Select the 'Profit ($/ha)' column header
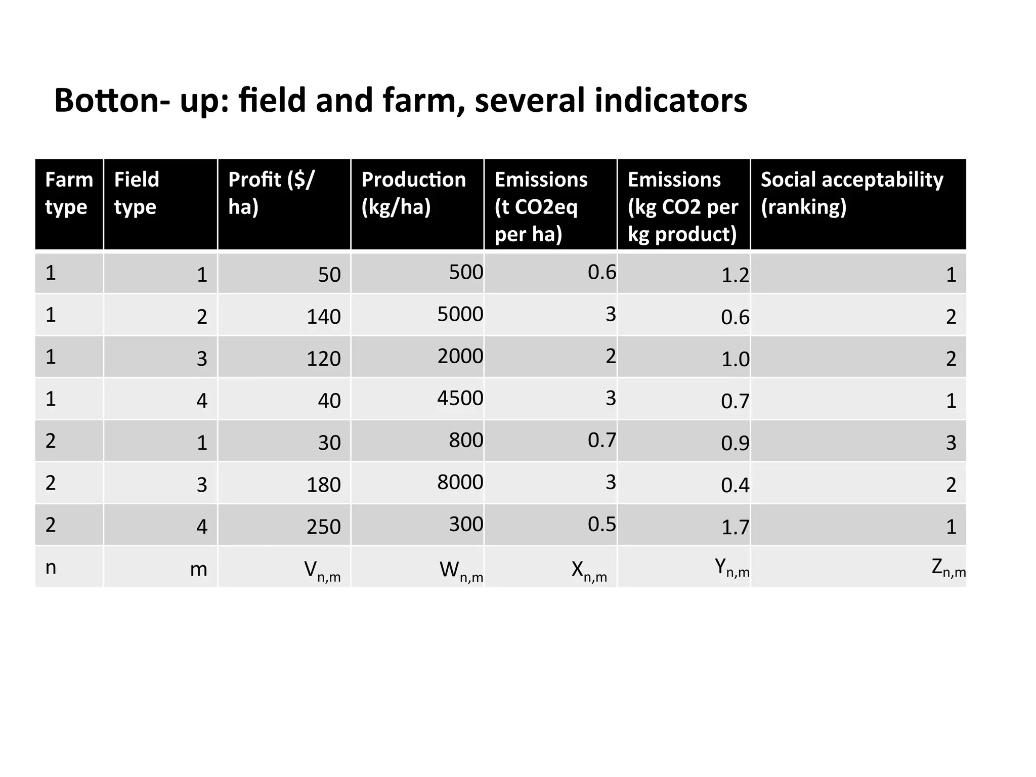pyautogui.click(x=271, y=193)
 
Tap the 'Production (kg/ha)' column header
pyautogui.click(x=413, y=193)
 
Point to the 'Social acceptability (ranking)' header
pyautogui.click(x=852, y=193)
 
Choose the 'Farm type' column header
pyautogui.click(x=69, y=193)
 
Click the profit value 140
pyautogui.click(x=324, y=317)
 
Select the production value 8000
pyautogui.click(x=460, y=482)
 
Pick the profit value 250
pyautogui.click(x=324, y=527)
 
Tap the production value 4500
pyautogui.click(x=460, y=398)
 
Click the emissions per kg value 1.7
pyautogui.click(x=735, y=527)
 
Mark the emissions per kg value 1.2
pyautogui.click(x=735, y=275)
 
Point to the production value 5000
pyautogui.click(x=460, y=314)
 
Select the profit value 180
pyautogui.click(x=324, y=485)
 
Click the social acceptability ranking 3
pyautogui.click(x=951, y=443)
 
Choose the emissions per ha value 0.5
pyautogui.click(x=602, y=524)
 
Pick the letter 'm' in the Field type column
pyautogui.click(x=199, y=570)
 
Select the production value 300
pyautogui.click(x=466, y=524)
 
